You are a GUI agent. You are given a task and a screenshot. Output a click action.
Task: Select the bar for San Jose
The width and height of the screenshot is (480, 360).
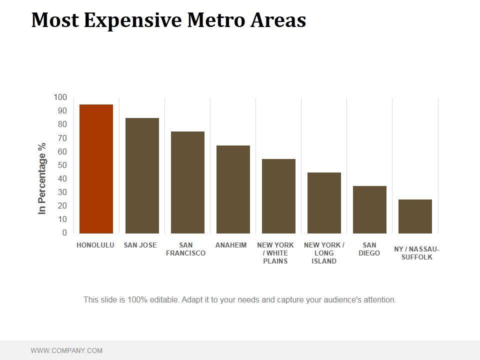coord(142,175)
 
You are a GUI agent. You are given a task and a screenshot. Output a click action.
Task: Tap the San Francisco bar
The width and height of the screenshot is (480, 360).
coord(187,182)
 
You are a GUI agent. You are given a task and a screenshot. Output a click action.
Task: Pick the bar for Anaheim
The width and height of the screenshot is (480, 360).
coord(233,189)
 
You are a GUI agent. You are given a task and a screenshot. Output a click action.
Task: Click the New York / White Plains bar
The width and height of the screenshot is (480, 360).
coord(278,196)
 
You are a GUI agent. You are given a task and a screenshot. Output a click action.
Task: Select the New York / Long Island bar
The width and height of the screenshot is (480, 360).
coord(324,203)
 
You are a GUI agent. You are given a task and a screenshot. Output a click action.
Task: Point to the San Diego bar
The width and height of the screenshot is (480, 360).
coord(369,209)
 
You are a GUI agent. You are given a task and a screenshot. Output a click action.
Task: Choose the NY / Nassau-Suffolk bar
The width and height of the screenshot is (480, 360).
coord(415,216)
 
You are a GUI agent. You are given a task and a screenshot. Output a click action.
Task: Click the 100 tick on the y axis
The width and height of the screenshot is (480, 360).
coord(60,97)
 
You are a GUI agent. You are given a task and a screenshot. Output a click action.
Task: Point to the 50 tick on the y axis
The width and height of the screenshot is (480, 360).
coord(62,165)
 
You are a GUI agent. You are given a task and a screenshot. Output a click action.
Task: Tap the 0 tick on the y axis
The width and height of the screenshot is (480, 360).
coord(64,233)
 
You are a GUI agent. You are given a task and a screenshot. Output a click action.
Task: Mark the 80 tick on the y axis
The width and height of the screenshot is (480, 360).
coord(62,124)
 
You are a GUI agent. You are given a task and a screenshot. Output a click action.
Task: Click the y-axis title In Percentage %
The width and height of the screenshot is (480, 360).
coord(42,178)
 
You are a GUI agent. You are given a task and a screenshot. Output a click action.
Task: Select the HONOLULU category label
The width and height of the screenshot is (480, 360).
coord(95,245)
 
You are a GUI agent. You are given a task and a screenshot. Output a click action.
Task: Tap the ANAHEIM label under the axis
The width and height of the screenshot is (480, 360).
coord(231,245)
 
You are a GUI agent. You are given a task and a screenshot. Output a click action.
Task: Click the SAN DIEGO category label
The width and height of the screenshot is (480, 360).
coord(369,249)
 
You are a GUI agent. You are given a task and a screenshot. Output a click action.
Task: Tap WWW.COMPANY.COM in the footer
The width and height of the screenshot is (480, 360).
coord(66,350)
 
